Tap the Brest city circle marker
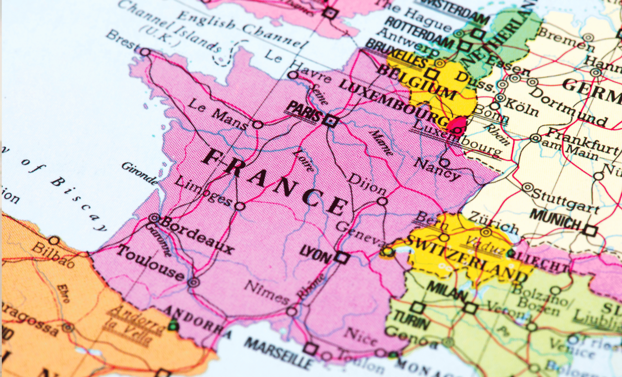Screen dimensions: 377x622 click(x=145, y=52)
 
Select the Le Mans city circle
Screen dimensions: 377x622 click(x=258, y=125)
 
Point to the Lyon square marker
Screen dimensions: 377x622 click(x=342, y=258)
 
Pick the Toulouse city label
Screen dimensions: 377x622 click(x=151, y=263)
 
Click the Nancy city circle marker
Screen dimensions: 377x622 click(x=444, y=162)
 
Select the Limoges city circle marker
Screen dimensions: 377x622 click(x=240, y=206)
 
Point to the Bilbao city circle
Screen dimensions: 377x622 click(x=54, y=241)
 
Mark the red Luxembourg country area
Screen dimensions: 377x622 click(x=457, y=124)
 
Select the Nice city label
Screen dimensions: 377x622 click(x=360, y=336)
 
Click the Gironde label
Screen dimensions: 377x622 click(x=140, y=173)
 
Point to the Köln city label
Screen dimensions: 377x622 click(x=522, y=107)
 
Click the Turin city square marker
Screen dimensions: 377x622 click(x=417, y=307)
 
